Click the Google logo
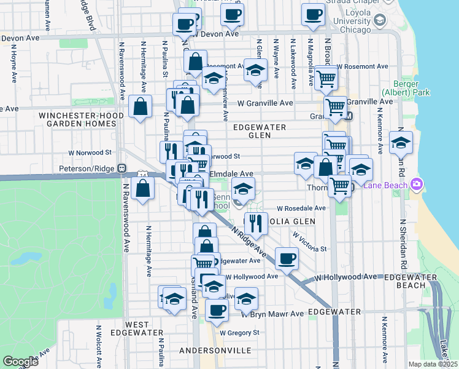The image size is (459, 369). (20, 362)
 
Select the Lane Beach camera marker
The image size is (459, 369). (417, 183)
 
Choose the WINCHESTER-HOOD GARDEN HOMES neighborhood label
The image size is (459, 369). (77, 119)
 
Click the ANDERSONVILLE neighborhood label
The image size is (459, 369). (215, 350)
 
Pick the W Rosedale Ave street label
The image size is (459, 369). (301, 208)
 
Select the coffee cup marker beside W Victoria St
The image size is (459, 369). (286, 258)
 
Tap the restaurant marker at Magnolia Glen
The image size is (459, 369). (256, 223)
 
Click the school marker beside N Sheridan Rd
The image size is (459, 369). (401, 143)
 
